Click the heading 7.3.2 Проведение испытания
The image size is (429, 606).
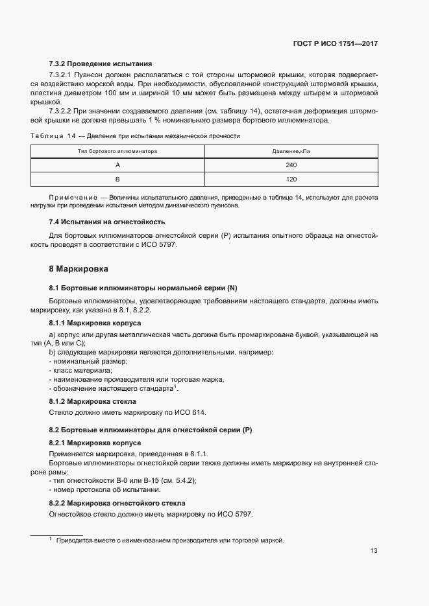101,64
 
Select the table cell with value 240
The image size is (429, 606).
290,165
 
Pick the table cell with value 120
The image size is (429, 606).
290,179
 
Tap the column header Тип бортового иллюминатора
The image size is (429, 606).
118,151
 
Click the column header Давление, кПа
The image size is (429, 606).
290,151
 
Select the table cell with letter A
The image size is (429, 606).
118,165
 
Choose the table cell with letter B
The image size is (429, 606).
118,179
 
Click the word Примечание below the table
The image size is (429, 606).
71,196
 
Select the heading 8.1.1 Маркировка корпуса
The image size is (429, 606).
95,323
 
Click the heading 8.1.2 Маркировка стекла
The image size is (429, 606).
93,401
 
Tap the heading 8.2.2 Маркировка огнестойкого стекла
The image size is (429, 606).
117,503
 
